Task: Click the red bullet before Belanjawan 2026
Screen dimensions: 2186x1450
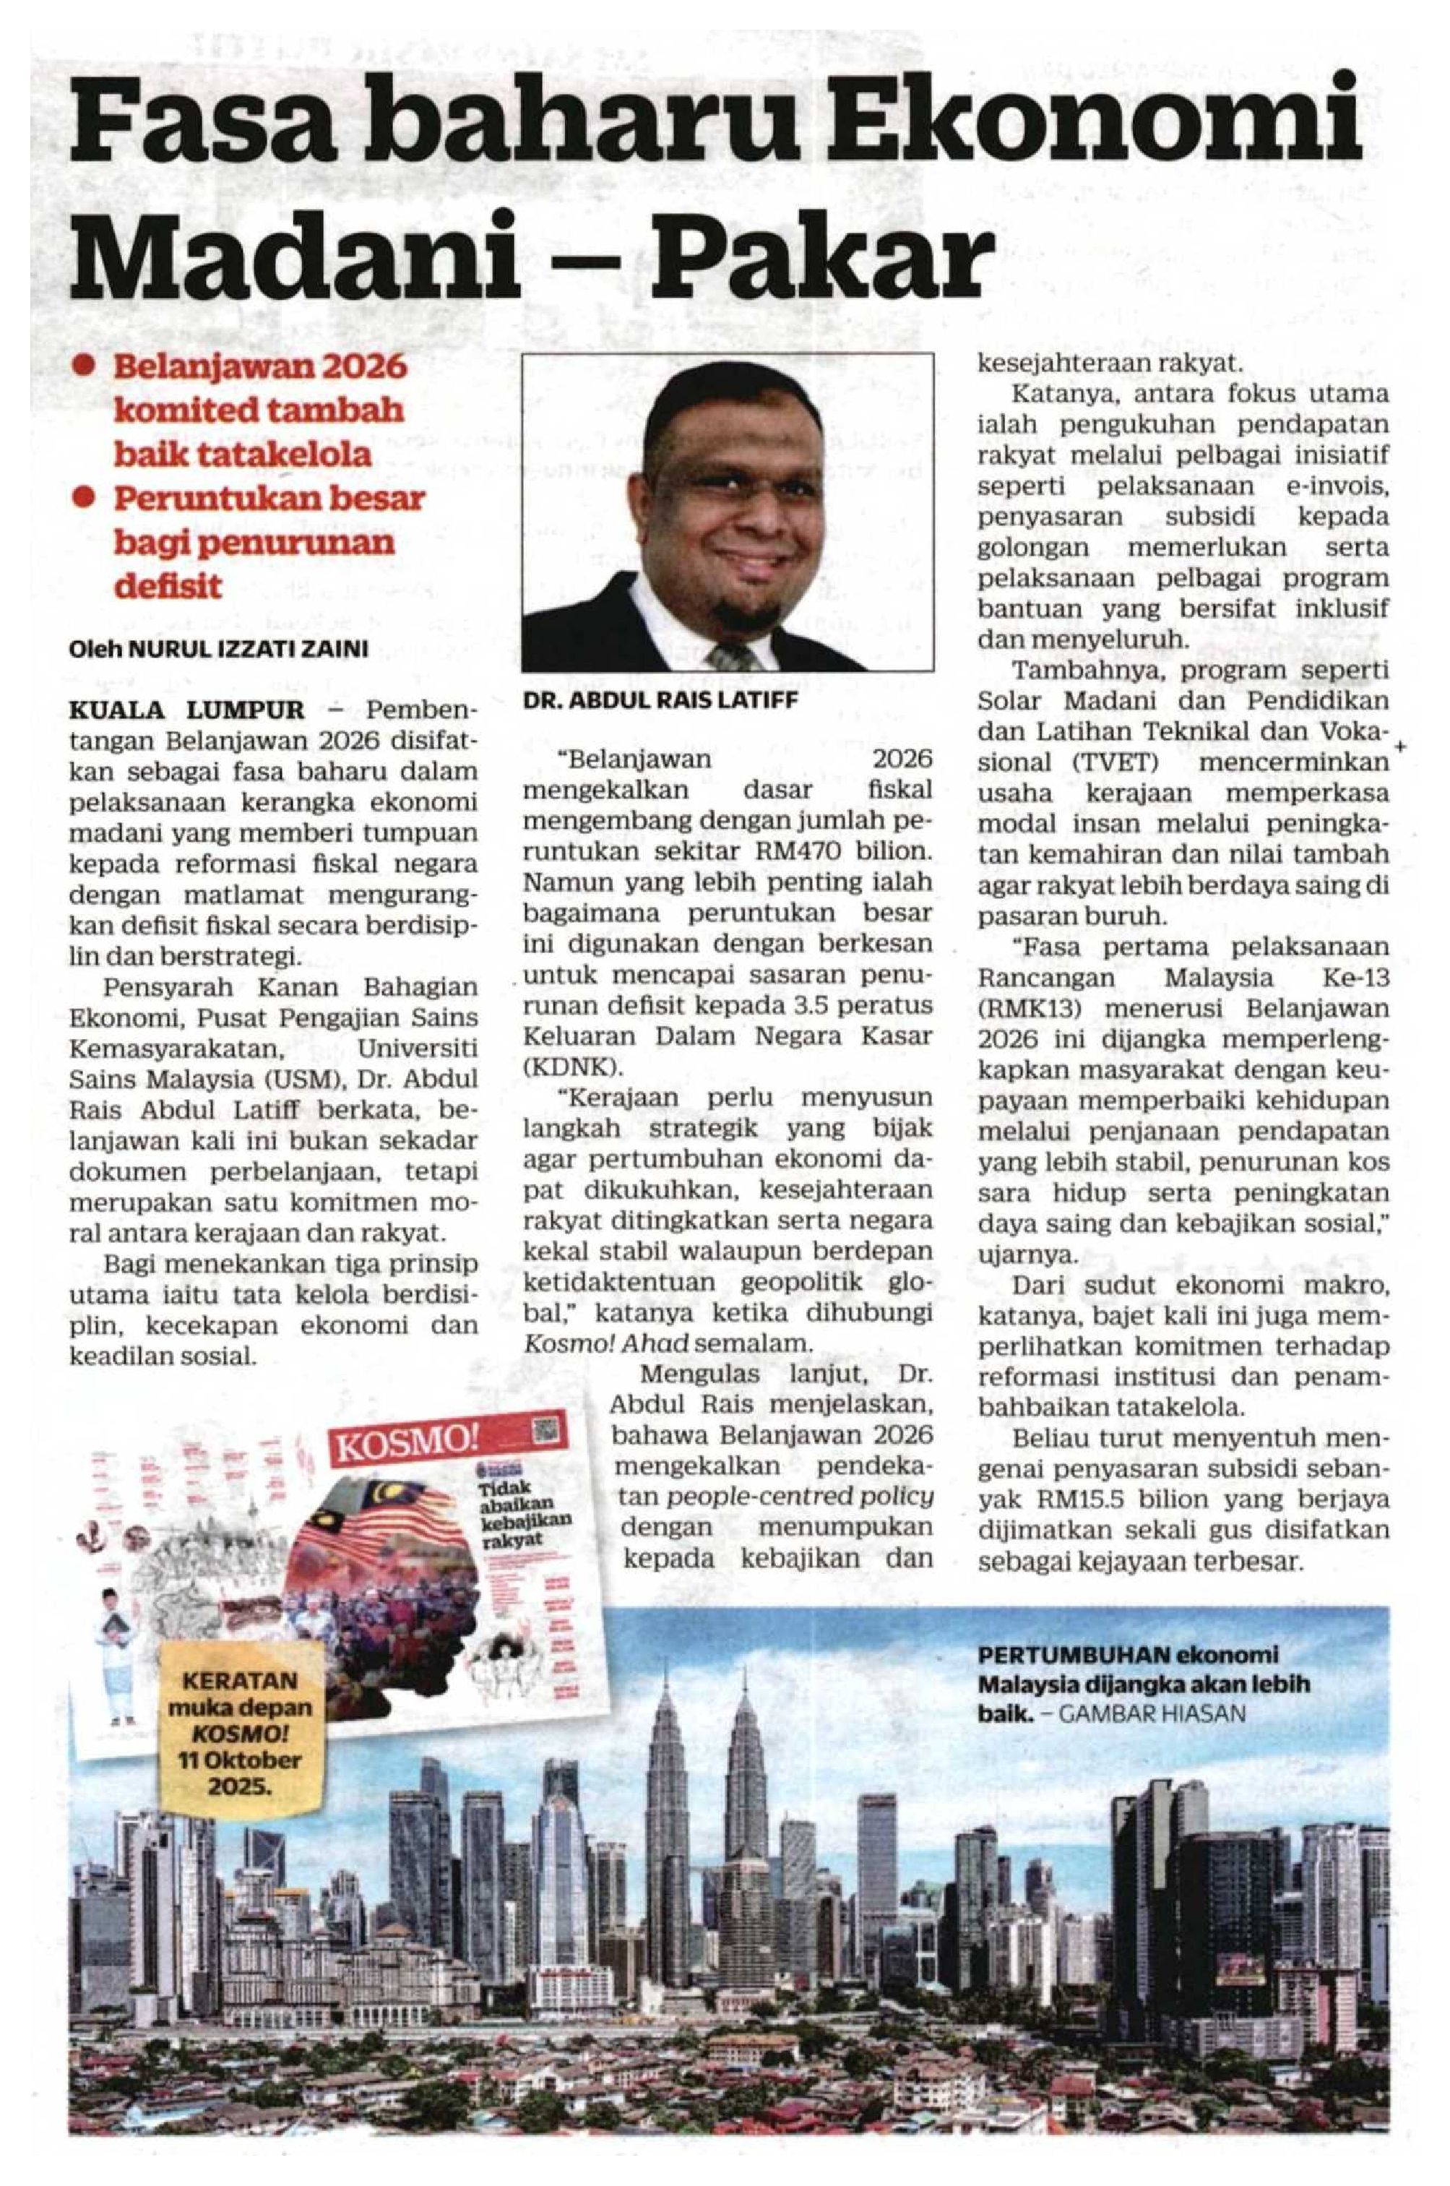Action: [86, 367]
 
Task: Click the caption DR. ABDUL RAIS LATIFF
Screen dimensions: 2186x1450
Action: [660, 701]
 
